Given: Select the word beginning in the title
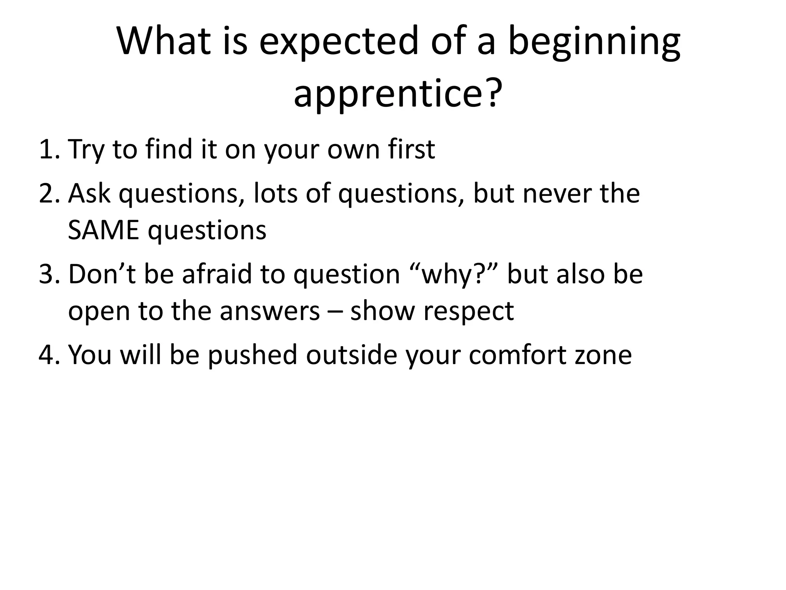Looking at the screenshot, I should pos(594,43).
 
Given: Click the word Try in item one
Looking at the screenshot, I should pos(86,150).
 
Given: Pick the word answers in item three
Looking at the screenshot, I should pos(270,311).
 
